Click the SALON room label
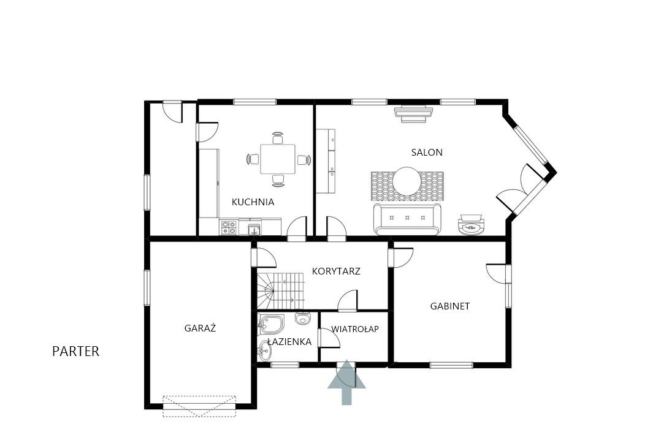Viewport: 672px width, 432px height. pos(427,153)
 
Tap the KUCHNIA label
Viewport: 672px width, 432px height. pos(253,202)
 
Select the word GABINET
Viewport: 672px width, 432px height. pos(450,306)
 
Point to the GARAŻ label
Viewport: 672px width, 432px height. pos(200,328)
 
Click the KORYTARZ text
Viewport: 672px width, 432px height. pos(336,271)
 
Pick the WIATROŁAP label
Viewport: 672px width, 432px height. pos(355,329)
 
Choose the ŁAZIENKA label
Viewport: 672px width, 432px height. pos(289,342)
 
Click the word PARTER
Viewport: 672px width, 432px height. pos(75,352)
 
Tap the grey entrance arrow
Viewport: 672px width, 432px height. pos(346,382)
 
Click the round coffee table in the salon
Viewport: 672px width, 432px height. pos(407,181)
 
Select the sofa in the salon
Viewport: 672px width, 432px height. pos(407,219)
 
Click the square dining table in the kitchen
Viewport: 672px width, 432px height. pos(278,159)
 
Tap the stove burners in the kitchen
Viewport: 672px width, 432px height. pos(229,227)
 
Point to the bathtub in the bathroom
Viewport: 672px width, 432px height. pos(271,325)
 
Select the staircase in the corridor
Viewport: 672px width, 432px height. pos(281,290)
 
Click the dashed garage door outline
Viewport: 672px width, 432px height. pos(199,406)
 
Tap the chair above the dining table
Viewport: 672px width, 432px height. pos(278,138)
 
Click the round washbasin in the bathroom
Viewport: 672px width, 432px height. pos(264,352)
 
